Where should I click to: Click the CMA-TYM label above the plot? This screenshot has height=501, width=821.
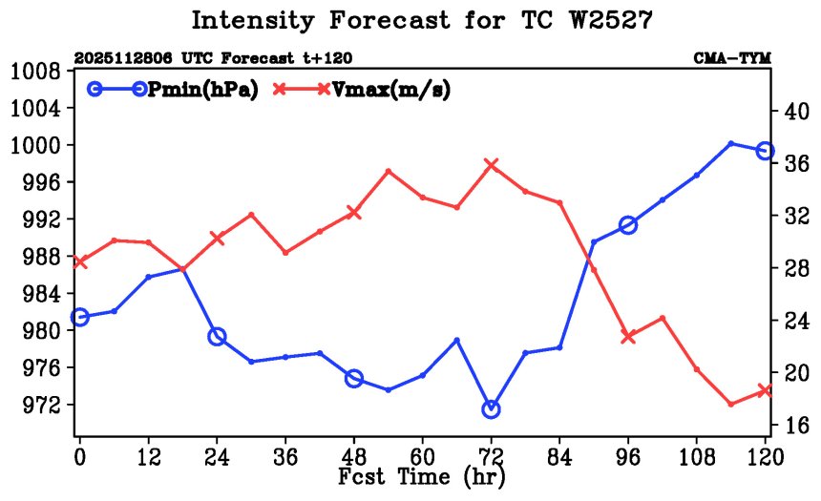pos(731,59)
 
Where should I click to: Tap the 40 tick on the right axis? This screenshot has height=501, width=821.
pos(796,112)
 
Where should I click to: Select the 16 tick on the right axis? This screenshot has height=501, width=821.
pos(796,425)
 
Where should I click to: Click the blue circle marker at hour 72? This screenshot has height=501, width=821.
pos(492,409)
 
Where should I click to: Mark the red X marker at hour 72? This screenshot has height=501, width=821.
pos(492,165)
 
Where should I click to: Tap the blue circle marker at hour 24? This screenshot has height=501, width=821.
pos(217,337)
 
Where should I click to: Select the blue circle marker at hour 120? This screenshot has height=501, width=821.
pos(765,151)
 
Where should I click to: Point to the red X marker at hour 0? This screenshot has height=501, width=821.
pos(80,261)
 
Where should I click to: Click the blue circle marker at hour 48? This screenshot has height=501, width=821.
pos(354,379)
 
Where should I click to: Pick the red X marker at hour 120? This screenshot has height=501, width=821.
pos(765,390)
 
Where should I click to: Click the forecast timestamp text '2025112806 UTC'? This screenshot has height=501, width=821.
pos(128,59)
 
